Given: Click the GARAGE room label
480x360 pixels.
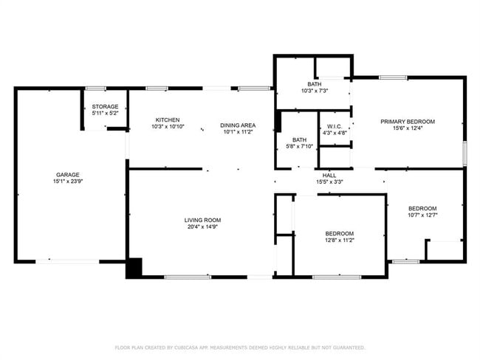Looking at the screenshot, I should pyautogui.click(x=68, y=175).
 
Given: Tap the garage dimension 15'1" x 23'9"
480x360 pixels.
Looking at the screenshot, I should pyautogui.click(x=68, y=181).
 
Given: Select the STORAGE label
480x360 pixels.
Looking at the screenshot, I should pyautogui.click(x=105, y=106).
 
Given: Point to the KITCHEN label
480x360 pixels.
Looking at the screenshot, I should pyautogui.click(x=167, y=120).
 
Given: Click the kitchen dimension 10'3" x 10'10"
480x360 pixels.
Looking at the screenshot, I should pyautogui.click(x=167, y=126).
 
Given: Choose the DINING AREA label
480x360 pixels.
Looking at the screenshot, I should pyautogui.click(x=238, y=125).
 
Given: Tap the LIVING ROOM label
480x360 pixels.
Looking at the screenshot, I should pyautogui.click(x=202, y=220).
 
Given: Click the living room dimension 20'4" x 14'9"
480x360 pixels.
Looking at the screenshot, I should pyautogui.click(x=202, y=226).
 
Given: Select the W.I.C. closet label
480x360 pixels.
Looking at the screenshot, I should pyautogui.click(x=335, y=127).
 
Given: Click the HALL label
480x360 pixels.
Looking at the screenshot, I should pyautogui.click(x=329, y=175).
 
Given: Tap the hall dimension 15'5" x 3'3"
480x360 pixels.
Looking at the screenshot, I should pyautogui.click(x=329, y=181).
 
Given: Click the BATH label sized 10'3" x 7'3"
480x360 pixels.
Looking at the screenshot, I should pyautogui.click(x=315, y=83).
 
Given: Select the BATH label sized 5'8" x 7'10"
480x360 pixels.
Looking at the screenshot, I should pyautogui.click(x=299, y=139).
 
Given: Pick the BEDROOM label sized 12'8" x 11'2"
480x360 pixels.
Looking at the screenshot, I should pyautogui.click(x=340, y=233).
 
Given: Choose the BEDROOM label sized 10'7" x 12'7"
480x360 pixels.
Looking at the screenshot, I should pyautogui.click(x=422, y=208).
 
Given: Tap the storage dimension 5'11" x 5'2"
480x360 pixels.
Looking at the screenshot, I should pyautogui.click(x=105, y=113).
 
